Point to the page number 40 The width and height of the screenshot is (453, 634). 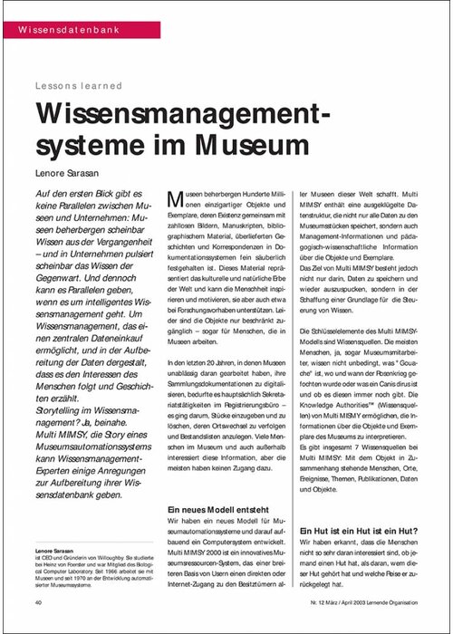click(39, 602)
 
